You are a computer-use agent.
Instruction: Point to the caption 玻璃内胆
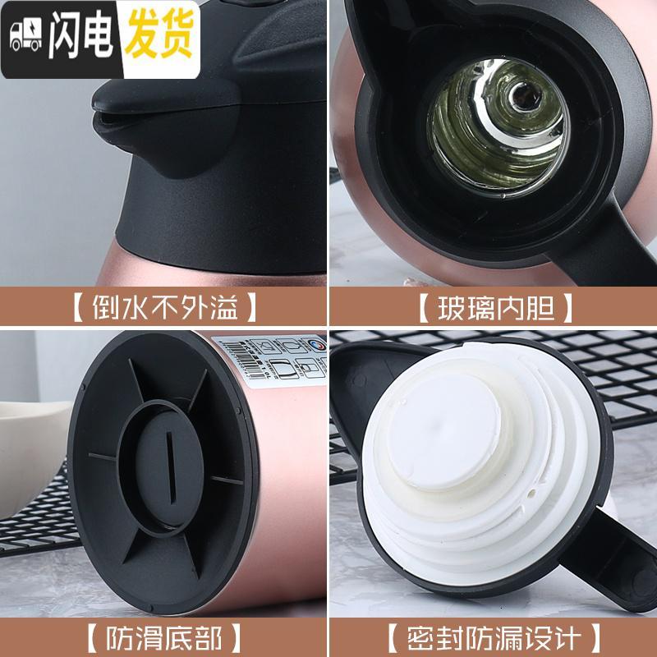pos(493,310)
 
